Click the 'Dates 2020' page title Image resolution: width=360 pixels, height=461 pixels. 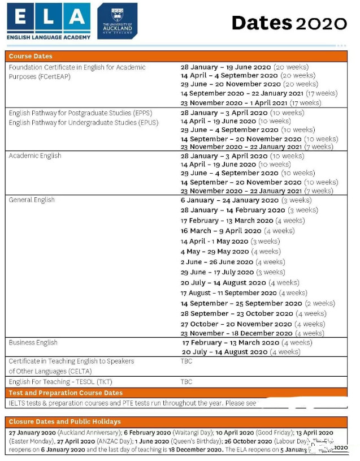point(289,23)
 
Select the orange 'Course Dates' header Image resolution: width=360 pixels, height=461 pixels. point(31,56)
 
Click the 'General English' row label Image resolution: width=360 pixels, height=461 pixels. point(32,200)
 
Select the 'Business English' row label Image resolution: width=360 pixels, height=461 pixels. point(33,342)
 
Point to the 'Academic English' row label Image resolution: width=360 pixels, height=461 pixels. point(35,156)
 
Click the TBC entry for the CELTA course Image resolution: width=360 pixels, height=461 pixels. point(186,361)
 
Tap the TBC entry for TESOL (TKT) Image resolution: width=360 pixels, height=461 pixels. point(186,382)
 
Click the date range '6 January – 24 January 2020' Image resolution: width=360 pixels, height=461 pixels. point(229,200)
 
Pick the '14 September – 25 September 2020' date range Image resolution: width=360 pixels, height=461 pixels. point(241,303)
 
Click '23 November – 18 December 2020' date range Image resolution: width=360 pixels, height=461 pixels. point(237,334)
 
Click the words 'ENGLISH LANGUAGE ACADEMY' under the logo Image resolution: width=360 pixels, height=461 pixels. point(49,37)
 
